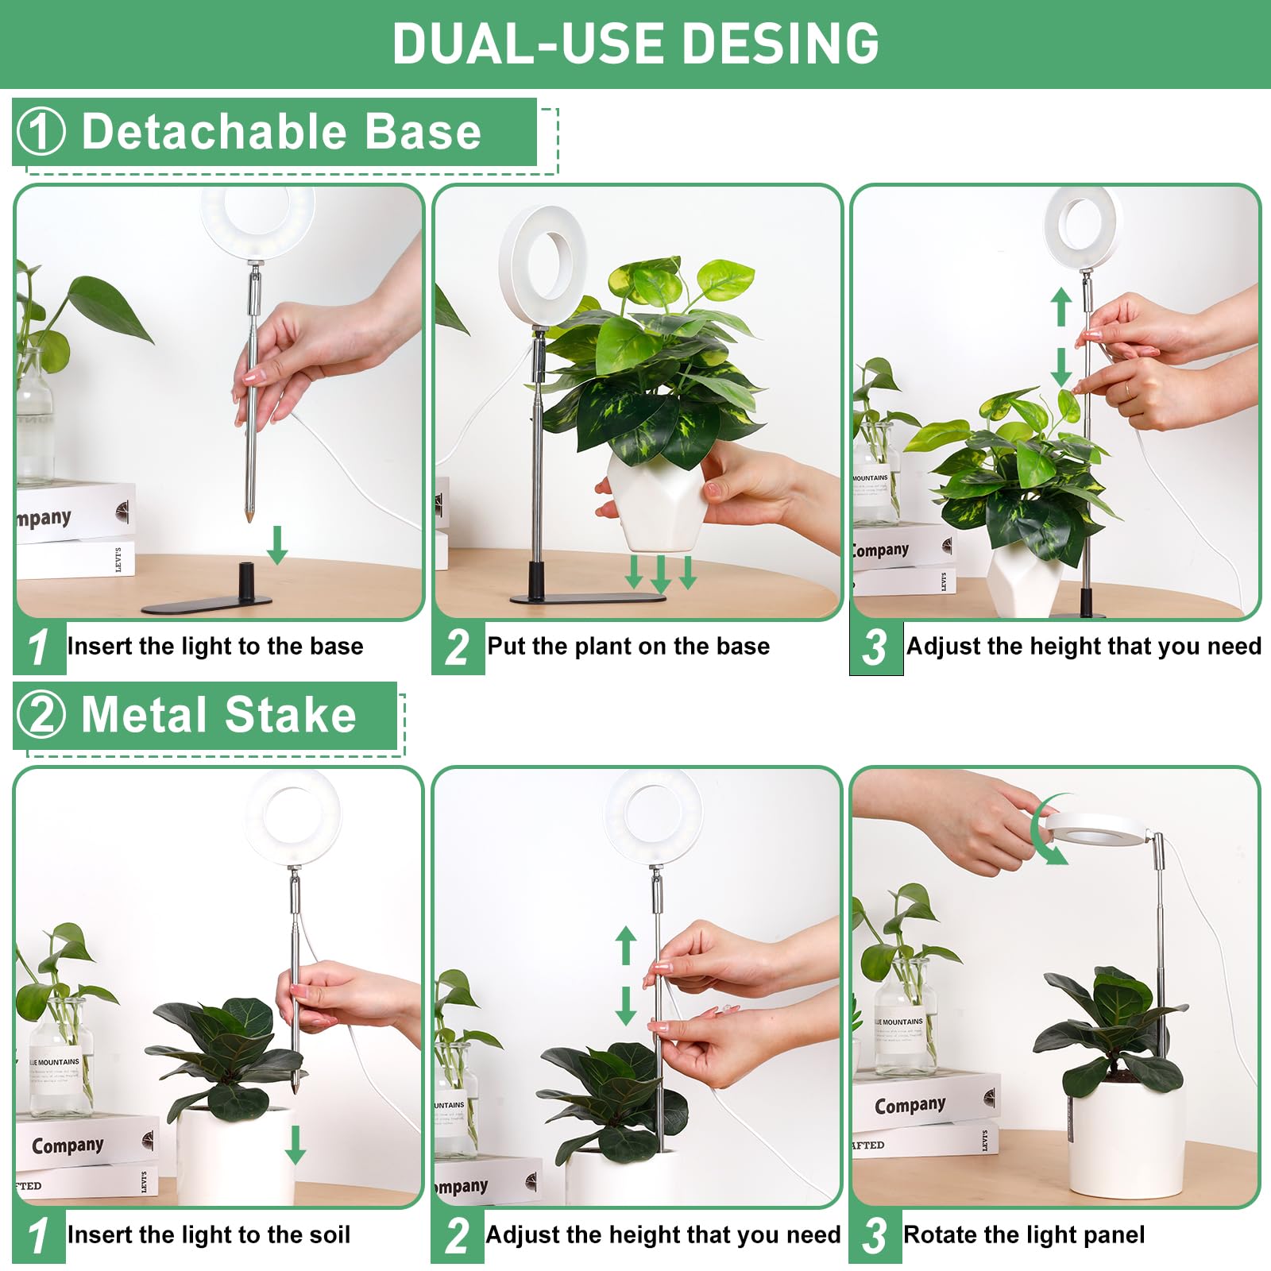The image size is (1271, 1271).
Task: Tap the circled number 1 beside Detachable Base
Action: [x=41, y=132]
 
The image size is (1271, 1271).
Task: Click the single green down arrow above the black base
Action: [x=276, y=544]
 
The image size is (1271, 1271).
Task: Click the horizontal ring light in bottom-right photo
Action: [x=1100, y=829]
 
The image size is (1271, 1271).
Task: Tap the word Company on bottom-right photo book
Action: [x=910, y=1105]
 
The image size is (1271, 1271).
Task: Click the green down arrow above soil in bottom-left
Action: [x=296, y=1144]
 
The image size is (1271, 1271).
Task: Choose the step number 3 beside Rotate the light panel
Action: [x=875, y=1235]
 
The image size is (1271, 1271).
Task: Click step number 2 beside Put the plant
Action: [x=457, y=647]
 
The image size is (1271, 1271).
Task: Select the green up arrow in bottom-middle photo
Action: [x=626, y=945]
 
